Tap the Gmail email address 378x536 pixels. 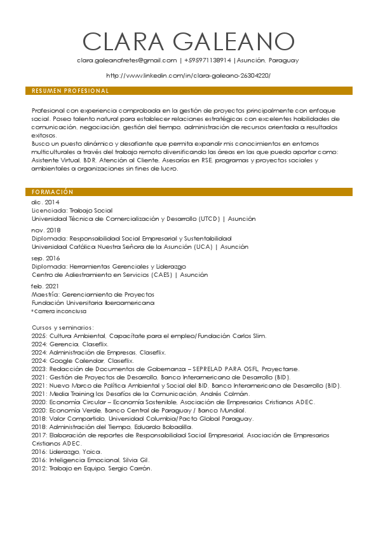pos(126,60)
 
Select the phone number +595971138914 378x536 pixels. pos(208,60)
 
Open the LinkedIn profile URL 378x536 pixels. pos(188,76)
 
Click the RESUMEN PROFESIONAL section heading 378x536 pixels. pos(71,91)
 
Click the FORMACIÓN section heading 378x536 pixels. pos(53,192)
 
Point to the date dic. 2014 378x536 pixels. pos(46,202)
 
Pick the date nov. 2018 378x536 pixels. pos(46,230)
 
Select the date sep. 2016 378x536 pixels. pos(46,258)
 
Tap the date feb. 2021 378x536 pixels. pos(46,286)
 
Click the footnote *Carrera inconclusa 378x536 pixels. pos(59,311)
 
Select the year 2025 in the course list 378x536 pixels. pos(39,335)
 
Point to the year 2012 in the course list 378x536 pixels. pos(39,469)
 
